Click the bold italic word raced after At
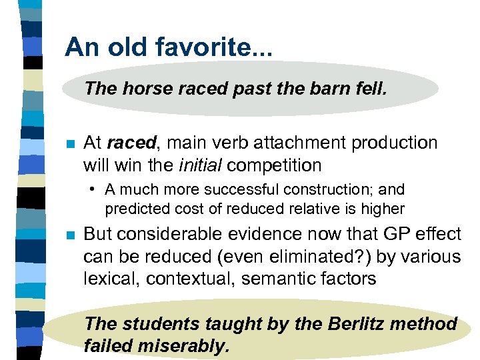pyautogui.click(x=129, y=143)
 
